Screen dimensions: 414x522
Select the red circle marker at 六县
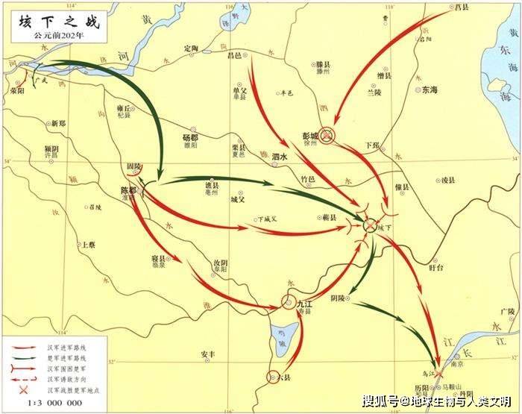(x=274, y=377)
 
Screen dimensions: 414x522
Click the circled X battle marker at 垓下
(x=371, y=225)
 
